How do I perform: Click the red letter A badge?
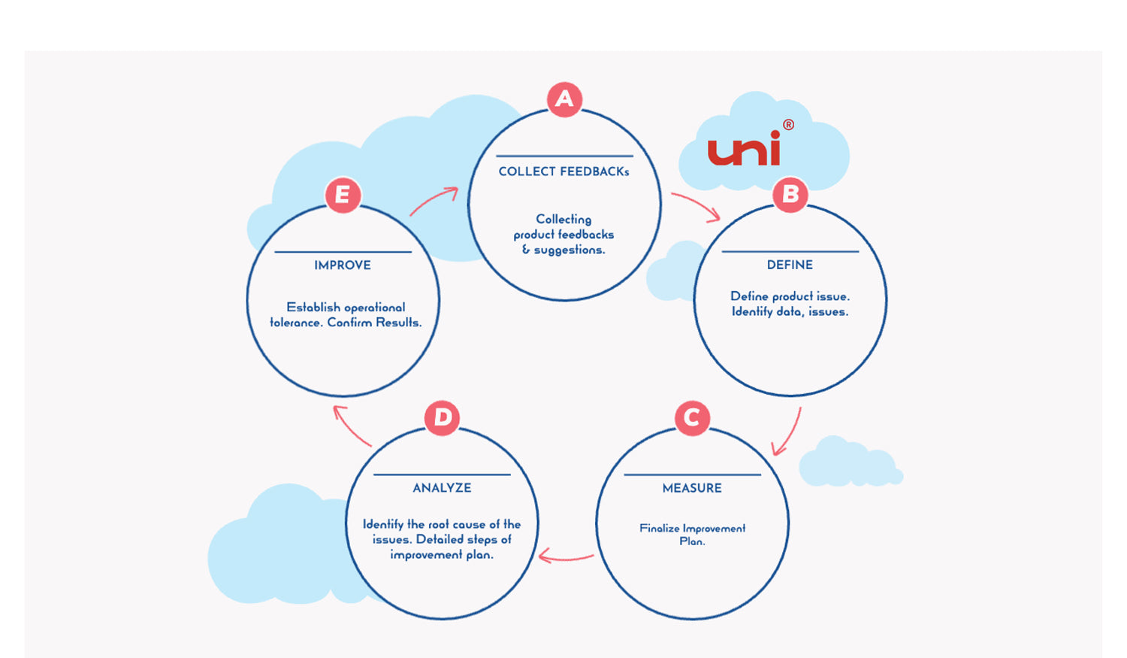(564, 99)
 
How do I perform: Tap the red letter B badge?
(790, 195)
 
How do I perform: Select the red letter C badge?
(692, 417)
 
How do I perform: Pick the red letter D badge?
(442, 417)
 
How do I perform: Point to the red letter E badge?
(343, 195)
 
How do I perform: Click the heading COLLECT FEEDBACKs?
(563, 171)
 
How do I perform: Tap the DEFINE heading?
(790, 265)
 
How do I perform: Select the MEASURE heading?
(692, 488)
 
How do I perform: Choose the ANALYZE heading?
(442, 488)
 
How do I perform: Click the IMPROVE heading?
(343, 265)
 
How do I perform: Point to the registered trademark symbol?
(788, 125)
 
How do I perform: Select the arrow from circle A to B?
(696, 206)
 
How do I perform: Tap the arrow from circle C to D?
(566, 557)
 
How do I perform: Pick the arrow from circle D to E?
(352, 426)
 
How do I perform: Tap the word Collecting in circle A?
(563, 219)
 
